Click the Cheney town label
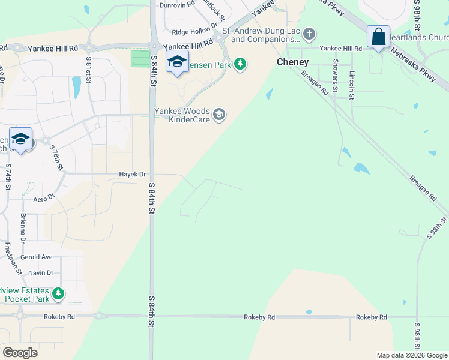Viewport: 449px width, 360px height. [292, 62]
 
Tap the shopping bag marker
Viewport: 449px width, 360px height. [379, 37]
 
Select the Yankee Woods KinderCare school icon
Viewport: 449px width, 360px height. [220, 114]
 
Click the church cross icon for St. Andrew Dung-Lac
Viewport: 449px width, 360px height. [309, 34]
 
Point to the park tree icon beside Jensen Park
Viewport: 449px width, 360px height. [240, 63]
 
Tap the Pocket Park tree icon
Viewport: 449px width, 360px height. [58, 293]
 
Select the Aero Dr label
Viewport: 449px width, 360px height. [44, 197]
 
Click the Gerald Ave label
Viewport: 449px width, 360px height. [36, 257]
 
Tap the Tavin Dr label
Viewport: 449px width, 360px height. [41, 272]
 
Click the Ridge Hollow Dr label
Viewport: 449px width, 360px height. [194, 31]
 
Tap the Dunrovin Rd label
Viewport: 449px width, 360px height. [177, 4]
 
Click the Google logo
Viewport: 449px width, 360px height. [20, 352]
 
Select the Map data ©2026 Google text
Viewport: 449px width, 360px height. [411, 355]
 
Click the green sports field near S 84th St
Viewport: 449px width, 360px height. [140, 59]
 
